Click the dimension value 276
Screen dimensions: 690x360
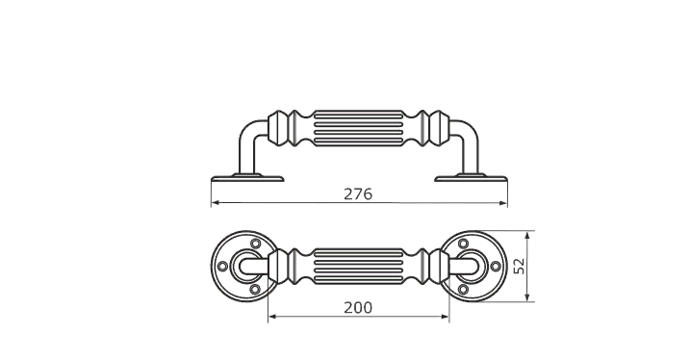coord(358,194)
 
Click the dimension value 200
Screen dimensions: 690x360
coord(358,308)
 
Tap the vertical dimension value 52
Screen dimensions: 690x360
coord(520,267)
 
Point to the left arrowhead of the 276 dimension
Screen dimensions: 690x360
coord(216,203)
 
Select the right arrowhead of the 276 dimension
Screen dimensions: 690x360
coord(503,203)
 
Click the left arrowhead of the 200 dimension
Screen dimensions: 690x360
coord(272,316)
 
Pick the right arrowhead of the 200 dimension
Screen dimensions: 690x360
coord(445,316)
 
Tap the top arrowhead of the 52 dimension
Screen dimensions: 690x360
coord(527,235)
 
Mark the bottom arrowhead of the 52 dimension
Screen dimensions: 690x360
coord(527,297)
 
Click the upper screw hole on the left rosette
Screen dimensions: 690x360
coord(255,244)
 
